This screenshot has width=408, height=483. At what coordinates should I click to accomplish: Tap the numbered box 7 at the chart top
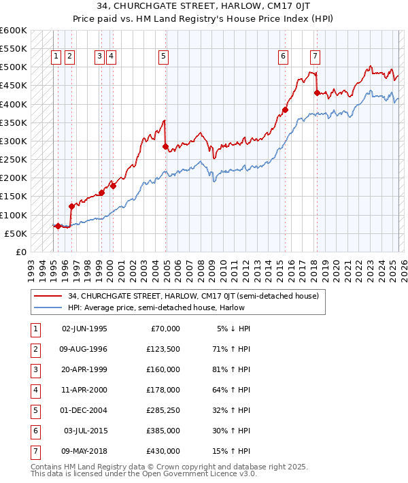[x=316, y=57]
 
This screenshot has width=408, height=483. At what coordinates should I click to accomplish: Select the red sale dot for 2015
[x=286, y=110]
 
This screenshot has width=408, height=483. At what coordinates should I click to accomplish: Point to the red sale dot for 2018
[x=317, y=93]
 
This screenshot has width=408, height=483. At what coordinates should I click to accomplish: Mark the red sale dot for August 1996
[x=71, y=206]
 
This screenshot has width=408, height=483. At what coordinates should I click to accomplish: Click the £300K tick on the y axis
[x=14, y=141]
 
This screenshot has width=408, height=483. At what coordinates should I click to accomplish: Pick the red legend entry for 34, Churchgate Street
[x=193, y=296]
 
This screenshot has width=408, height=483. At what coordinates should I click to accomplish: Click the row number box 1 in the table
[x=34, y=329]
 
